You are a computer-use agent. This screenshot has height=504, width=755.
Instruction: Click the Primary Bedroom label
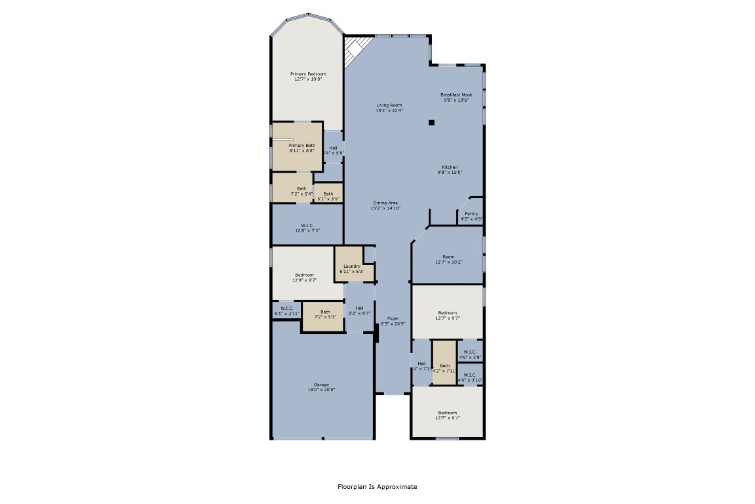click(x=308, y=74)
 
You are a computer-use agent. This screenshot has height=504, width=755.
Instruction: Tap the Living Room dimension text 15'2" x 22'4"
click(x=389, y=111)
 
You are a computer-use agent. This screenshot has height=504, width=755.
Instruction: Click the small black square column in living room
click(x=431, y=122)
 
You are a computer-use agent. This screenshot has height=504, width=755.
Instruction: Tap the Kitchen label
click(x=450, y=167)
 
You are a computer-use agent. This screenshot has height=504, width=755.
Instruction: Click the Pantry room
click(x=471, y=215)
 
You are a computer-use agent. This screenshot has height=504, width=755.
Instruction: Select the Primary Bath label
click(x=302, y=145)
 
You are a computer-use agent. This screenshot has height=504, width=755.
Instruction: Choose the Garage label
click(x=321, y=385)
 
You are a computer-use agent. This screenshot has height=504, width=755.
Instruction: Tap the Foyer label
click(x=393, y=318)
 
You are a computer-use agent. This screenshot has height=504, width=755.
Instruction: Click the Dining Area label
click(x=385, y=203)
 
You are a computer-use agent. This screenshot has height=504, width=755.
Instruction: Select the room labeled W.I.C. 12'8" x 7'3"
click(x=307, y=227)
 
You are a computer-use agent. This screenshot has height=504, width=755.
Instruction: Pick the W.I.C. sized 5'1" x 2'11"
click(x=286, y=310)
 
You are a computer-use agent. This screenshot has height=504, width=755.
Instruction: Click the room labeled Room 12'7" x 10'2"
click(x=448, y=259)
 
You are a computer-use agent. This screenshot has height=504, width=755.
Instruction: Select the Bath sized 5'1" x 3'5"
click(x=328, y=195)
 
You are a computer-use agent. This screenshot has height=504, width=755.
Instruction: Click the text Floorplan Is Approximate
click(x=377, y=487)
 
